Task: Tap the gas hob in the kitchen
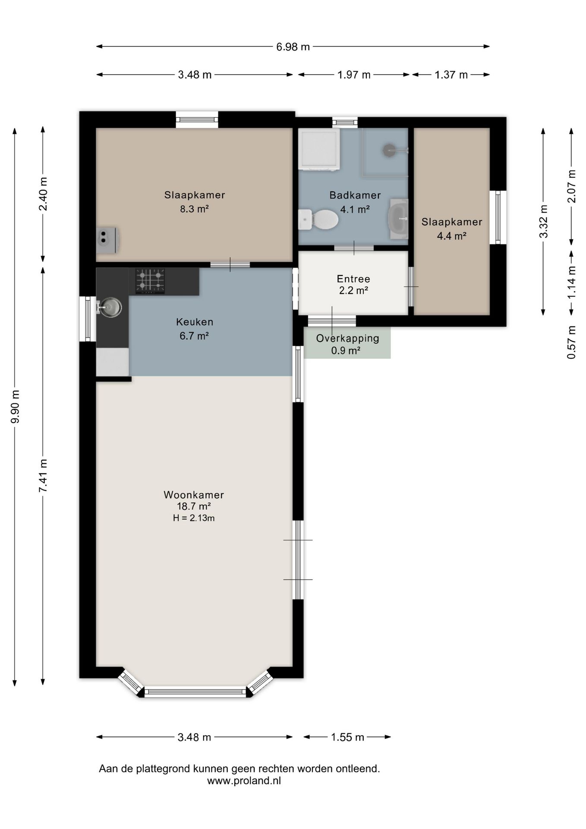click(151, 281)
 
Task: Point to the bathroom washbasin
click(399, 219)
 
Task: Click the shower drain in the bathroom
click(389, 150)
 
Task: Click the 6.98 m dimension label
click(293, 47)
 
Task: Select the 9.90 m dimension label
click(15, 407)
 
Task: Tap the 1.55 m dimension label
click(347, 737)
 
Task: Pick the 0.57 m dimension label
click(571, 342)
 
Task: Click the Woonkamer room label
click(194, 495)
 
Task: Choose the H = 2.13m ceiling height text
click(194, 518)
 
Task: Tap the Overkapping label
click(347, 339)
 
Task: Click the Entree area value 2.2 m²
click(353, 291)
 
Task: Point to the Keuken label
click(195, 322)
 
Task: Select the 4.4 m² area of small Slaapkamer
click(452, 236)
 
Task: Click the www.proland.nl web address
click(244, 781)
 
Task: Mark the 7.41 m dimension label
click(43, 475)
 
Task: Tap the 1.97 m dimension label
click(354, 75)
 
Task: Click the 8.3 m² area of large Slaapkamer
click(195, 209)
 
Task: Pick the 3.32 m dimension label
click(543, 221)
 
